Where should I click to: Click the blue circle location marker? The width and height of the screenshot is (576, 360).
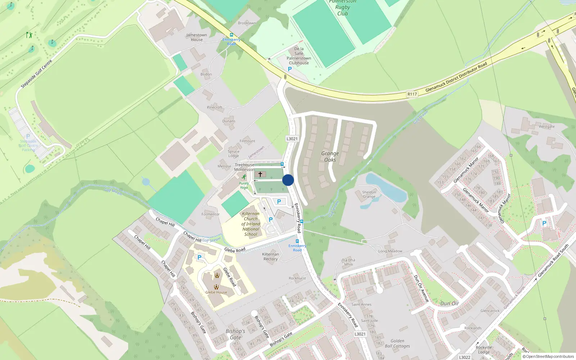click(x=288, y=180)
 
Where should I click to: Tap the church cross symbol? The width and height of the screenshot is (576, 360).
click(x=260, y=174)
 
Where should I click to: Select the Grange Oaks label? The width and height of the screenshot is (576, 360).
click(x=330, y=157)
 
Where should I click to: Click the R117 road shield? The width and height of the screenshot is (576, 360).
click(x=412, y=94)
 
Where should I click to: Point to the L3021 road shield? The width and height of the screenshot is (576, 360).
click(x=292, y=139)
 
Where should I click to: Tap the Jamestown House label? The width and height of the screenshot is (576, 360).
click(x=197, y=37)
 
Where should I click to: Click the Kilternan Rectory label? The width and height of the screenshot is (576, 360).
click(x=270, y=257)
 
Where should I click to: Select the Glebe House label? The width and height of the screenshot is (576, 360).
click(x=216, y=292)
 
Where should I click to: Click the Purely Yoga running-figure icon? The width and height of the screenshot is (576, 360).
click(x=244, y=177)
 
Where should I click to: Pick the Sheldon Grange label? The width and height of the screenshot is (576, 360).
click(x=369, y=194)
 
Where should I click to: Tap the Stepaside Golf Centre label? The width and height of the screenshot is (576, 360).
click(x=36, y=74)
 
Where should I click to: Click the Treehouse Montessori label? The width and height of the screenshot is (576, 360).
click(x=244, y=167)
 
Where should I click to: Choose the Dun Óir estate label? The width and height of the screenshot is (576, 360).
click(x=450, y=303)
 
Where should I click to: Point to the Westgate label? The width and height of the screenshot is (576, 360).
click(x=546, y=127)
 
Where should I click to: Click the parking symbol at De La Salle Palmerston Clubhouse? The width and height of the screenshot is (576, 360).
click(x=290, y=69)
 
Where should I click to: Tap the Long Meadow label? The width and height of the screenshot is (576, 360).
click(x=390, y=251)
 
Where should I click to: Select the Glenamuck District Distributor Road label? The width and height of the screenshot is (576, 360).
click(x=456, y=77)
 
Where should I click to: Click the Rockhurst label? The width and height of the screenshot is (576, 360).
click(x=297, y=278)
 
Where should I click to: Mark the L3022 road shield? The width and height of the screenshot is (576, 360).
click(x=464, y=357)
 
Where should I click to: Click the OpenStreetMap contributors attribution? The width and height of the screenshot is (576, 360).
click(x=548, y=357)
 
